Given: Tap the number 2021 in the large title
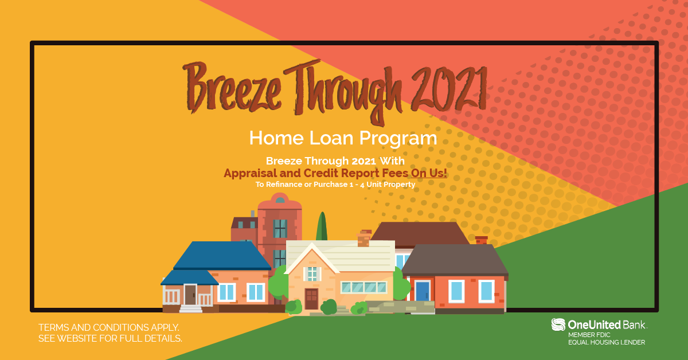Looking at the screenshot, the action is click(x=449, y=89).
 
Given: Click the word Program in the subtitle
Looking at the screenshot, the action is click(x=398, y=139).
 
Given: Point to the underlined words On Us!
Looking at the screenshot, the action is click(x=429, y=173).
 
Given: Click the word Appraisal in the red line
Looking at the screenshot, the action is click(x=250, y=174).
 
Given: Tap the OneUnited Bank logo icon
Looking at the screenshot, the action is click(x=558, y=324).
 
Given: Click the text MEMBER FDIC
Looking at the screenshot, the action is click(x=589, y=335).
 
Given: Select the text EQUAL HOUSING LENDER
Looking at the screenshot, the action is click(x=607, y=342).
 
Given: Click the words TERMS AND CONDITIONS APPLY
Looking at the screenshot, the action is click(x=109, y=327).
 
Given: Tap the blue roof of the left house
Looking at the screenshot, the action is click(x=222, y=256).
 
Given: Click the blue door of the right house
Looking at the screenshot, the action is click(x=423, y=291).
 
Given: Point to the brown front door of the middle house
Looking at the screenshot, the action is click(x=311, y=299).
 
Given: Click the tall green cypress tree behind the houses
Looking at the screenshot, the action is click(x=322, y=226).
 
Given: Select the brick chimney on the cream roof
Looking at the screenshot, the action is click(x=364, y=238).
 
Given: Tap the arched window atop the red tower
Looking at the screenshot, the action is click(x=280, y=200).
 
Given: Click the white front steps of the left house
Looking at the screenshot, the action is click(x=191, y=308).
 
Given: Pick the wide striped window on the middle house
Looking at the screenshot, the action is click(x=363, y=288).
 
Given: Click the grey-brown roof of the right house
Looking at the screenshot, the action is click(x=455, y=260).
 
